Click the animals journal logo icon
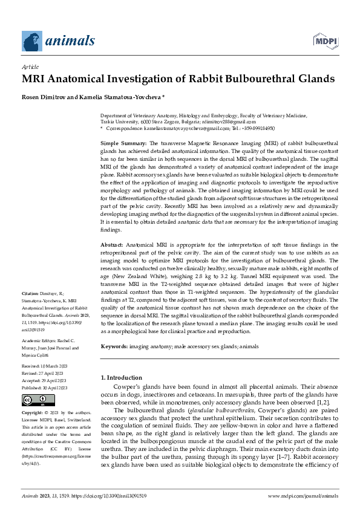(x=33, y=41)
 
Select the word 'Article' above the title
(x=30, y=68)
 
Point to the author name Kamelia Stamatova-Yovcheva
(x=124, y=97)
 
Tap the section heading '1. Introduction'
(x=121, y=378)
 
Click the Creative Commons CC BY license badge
(x=30, y=400)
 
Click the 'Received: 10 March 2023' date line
(x=46, y=366)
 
